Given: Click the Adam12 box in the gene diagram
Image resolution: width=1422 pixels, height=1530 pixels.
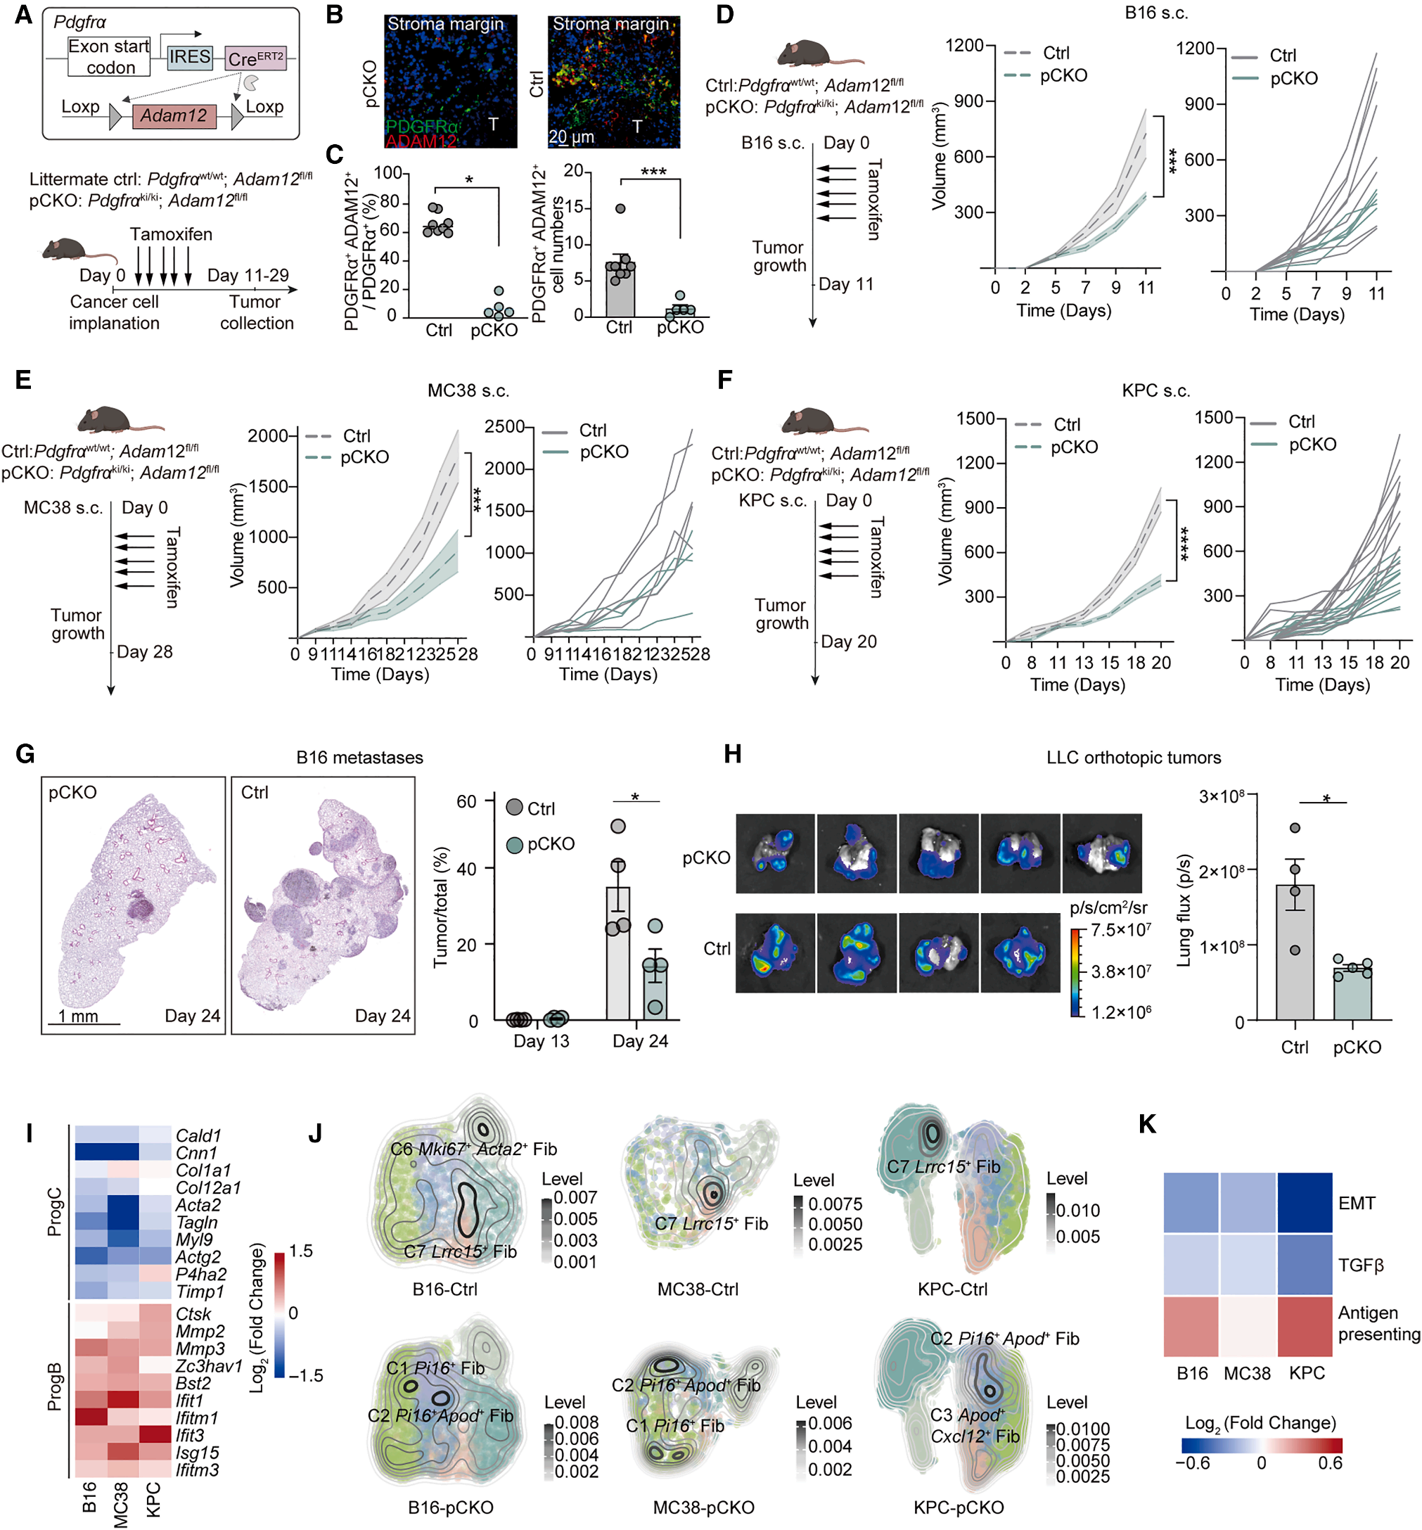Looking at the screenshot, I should pyautogui.click(x=174, y=116).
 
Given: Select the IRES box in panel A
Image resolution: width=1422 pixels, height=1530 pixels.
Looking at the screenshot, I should pyautogui.click(x=190, y=58).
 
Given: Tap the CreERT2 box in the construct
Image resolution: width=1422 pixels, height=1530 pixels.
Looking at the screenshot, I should pyautogui.click(x=256, y=58).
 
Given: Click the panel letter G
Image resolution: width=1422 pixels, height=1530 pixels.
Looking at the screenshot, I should pyautogui.click(x=25, y=753).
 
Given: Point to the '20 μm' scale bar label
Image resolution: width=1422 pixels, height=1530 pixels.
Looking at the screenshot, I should pyautogui.click(x=571, y=137).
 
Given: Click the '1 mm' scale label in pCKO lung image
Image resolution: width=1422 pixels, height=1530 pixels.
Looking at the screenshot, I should pyautogui.click(x=79, y=1016).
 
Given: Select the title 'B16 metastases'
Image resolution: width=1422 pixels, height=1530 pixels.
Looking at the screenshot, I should pyautogui.click(x=359, y=758).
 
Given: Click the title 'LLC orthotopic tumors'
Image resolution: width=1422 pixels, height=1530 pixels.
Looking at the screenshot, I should pyautogui.click(x=1133, y=758).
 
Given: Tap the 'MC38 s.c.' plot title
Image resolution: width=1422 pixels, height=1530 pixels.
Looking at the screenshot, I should pyautogui.click(x=468, y=390).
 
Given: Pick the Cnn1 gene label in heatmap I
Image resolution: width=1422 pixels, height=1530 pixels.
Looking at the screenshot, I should pyautogui.click(x=196, y=1153).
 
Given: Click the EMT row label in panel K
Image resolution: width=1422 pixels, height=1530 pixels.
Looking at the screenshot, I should pyautogui.click(x=1356, y=1203).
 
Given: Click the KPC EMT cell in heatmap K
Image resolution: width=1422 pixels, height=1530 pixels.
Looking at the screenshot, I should pyautogui.click(x=1305, y=1203).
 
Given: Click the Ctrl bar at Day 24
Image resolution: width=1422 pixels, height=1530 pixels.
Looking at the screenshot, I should pyautogui.click(x=618, y=954).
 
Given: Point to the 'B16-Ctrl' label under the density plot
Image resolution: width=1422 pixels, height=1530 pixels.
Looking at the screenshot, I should pyautogui.click(x=444, y=1289).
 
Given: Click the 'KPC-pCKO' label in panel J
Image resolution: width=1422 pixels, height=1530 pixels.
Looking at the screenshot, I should pyautogui.click(x=958, y=1507).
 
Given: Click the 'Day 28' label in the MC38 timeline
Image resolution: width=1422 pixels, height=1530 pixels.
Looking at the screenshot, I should pyautogui.click(x=145, y=652).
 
